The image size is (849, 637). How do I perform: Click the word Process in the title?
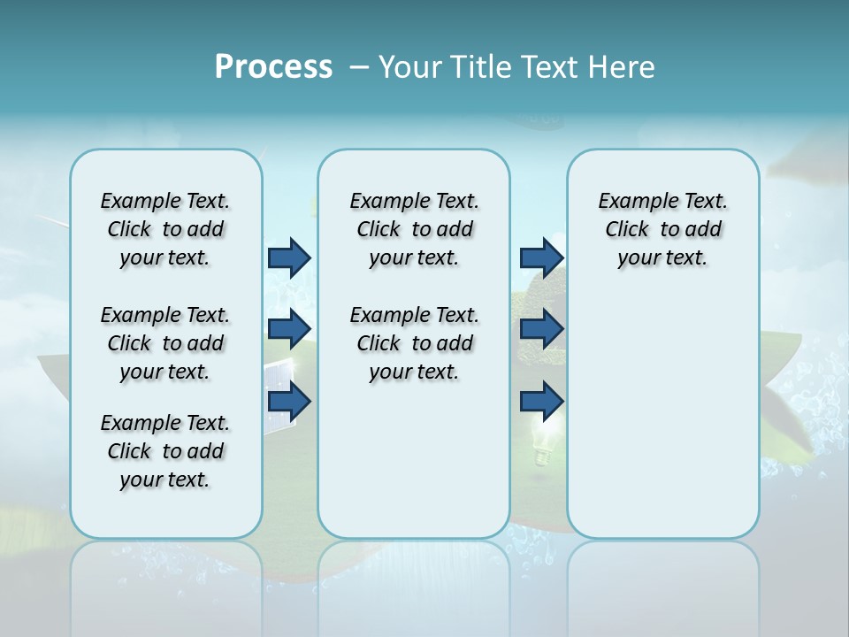(273, 66)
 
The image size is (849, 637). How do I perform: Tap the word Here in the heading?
(623, 67)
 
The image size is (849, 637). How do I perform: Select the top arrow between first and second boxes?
(289, 257)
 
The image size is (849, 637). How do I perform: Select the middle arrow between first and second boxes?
(289, 329)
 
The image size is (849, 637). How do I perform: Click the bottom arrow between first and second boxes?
(289, 402)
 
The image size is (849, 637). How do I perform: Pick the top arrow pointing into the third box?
(541, 257)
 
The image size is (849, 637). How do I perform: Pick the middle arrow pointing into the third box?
(541, 329)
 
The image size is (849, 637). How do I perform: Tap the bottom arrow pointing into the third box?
(541, 402)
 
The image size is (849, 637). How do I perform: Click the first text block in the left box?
(165, 229)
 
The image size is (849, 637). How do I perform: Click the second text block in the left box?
(165, 343)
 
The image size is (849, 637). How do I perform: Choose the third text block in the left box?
(165, 451)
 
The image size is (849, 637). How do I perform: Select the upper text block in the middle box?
(414, 229)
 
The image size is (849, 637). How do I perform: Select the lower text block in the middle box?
(414, 343)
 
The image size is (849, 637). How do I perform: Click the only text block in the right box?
(662, 229)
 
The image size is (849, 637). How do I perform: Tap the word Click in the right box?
(627, 230)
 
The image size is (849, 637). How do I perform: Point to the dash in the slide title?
(359, 67)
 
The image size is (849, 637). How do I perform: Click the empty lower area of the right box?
(662, 425)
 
